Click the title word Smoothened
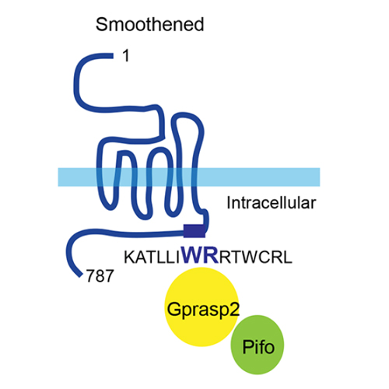pos(149,25)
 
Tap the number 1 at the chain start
pos(126,56)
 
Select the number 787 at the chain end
pos(100,275)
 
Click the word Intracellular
pos(272,203)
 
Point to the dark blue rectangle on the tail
pos(194,231)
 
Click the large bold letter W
pos(191,255)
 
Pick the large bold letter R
pos(210,255)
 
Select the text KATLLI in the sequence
pos(152,258)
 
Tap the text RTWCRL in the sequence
pos(256,258)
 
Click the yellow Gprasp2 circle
pos(202,307)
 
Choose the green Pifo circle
pos(258,345)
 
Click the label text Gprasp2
pos(203,310)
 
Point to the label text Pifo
pos(258,347)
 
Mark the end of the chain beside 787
pos(81,275)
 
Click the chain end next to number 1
pos(112,56)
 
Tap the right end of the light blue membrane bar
pos(320,177)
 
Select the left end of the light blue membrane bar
pos(58,177)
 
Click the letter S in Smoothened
pos(101,25)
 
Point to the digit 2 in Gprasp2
pos(234,309)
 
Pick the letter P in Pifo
pos(247,347)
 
